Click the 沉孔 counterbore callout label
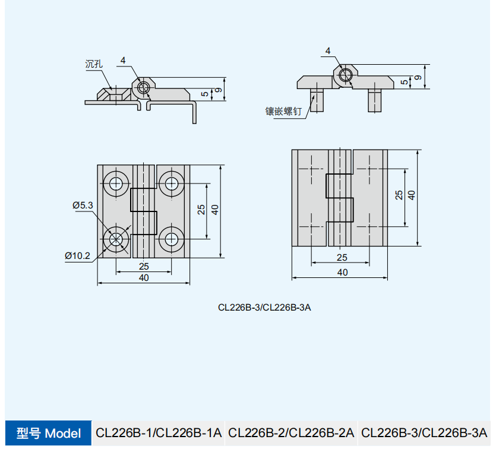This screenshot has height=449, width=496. pos(94,64)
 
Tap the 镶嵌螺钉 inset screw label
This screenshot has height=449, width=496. pos(283,111)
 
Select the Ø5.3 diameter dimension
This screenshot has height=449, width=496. pos(83,205)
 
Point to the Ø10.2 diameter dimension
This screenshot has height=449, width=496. pos(77,255)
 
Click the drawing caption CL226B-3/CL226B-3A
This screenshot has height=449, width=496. pos(264,307)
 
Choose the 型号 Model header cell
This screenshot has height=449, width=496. pos(48,433)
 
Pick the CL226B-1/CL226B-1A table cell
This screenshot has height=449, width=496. pos(159,433)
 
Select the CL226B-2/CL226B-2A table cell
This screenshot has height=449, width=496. pos(291,433)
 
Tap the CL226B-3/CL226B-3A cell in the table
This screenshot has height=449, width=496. pos(424,433)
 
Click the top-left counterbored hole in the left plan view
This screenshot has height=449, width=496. pos(116,184)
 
